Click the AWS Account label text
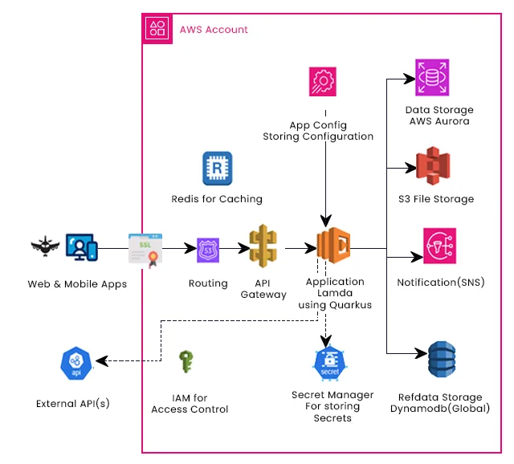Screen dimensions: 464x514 pos(214,30)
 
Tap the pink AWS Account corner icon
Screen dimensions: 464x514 pos(158,29)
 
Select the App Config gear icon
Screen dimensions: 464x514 pos(325,83)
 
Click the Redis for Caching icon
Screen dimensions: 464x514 pos(217,168)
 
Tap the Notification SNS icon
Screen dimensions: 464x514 pos(440,247)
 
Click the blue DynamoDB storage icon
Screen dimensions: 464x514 pos(441,361)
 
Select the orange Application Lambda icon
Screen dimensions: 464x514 pos(333,247)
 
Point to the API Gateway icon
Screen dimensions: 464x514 pos(263,247)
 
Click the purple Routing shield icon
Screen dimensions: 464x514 pos(209,250)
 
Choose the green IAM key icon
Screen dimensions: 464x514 pos(187,362)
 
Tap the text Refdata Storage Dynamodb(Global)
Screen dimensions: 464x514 pos(440,403)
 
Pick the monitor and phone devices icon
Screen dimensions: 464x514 pos(82,249)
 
